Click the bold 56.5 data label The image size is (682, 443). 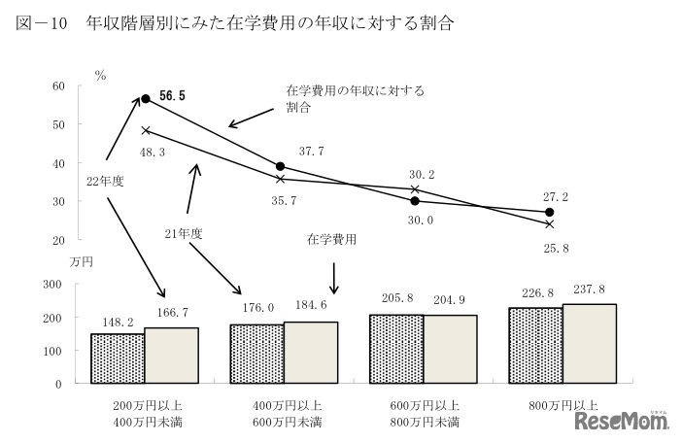(x=172, y=96)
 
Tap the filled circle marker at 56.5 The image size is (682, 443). (x=146, y=98)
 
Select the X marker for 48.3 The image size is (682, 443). (x=146, y=129)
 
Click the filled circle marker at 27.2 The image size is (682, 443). (x=550, y=212)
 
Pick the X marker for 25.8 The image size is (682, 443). (x=550, y=223)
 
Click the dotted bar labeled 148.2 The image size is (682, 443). (x=117, y=358)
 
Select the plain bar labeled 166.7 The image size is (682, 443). (x=171, y=356)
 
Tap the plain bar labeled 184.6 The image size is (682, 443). (x=311, y=352)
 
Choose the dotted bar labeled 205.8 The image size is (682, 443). (x=395, y=349)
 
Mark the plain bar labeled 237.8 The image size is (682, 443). (x=590, y=343)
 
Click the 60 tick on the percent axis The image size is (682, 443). (x=57, y=86)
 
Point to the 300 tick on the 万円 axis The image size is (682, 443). (x=54, y=284)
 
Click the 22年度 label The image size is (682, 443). (x=104, y=181)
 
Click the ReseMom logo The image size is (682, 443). (x=623, y=421)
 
